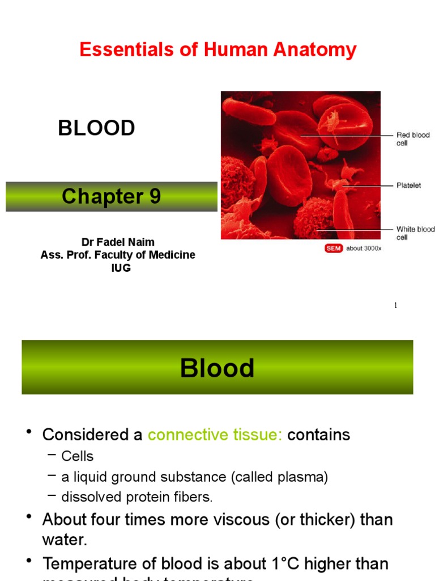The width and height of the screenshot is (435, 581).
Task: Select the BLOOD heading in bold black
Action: click(96, 128)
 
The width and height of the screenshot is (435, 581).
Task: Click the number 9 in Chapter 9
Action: click(155, 196)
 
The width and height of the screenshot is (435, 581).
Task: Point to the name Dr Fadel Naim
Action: click(118, 242)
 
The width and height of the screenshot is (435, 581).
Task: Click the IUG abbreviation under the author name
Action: click(121, 268)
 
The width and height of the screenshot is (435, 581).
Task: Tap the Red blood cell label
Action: click(412, 139)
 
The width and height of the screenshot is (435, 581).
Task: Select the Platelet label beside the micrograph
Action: click(408, 186)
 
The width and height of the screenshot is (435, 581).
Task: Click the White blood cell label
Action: click(415, 233)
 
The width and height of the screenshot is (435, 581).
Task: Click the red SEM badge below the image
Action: click(334, 249)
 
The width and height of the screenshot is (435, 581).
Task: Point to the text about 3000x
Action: click(364, 249)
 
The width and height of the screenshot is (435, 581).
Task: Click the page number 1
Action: click(395, 306)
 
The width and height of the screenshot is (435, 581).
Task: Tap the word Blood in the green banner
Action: click(217, 368)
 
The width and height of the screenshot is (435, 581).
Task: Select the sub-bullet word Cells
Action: click(78, 456)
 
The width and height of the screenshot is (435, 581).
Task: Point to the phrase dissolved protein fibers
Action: click(137, 497)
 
